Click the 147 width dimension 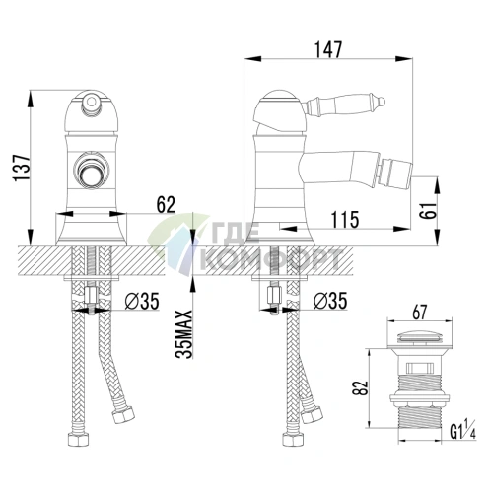[328, 50]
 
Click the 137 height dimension [22, 168]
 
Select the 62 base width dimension [166, 205]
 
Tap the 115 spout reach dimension [344, 219]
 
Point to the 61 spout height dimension [429, 210]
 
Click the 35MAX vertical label [184, 334]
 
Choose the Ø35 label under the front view [142, 301]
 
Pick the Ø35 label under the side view [330, 301]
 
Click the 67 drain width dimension [420, 312]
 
